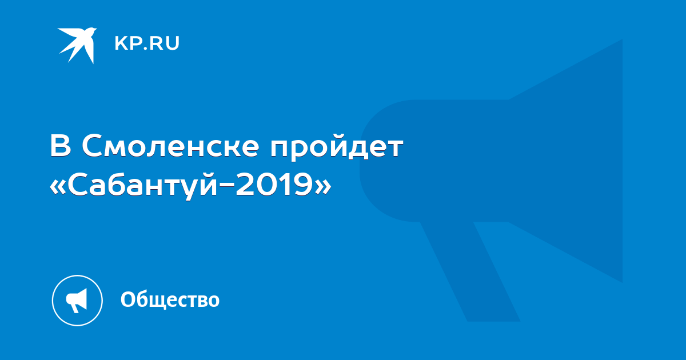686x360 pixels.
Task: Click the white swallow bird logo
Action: coord(78,45)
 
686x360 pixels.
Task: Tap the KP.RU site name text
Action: coord(147,43)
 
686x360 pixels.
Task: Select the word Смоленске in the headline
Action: coord(170,146)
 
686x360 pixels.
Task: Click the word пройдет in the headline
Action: coord(337,149)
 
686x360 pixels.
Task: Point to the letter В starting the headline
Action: coord(61,146)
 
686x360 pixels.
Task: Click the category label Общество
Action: coord(170,299)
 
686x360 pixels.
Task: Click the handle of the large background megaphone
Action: coord(470,271)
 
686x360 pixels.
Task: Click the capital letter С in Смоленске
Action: coord(92,146)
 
